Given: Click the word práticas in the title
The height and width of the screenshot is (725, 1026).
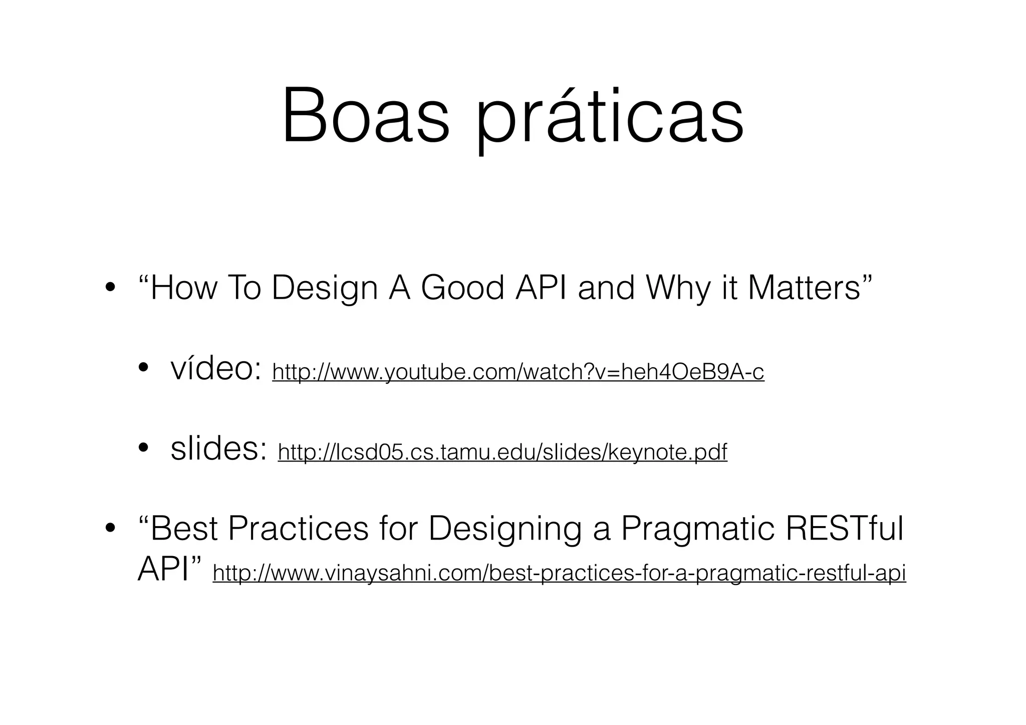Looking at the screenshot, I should click(x=609, y=120).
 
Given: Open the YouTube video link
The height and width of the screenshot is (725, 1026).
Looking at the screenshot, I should click(x=518, y=372).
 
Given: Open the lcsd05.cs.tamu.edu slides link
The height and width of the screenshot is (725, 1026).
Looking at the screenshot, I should click(x=502, y=452).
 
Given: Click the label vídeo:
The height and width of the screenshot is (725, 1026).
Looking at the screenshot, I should click(x=216, y=369).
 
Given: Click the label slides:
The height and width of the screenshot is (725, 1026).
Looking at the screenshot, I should click(x=218, y=449).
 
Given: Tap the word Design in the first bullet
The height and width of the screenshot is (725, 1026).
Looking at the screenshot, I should click(x=324, y=289).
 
